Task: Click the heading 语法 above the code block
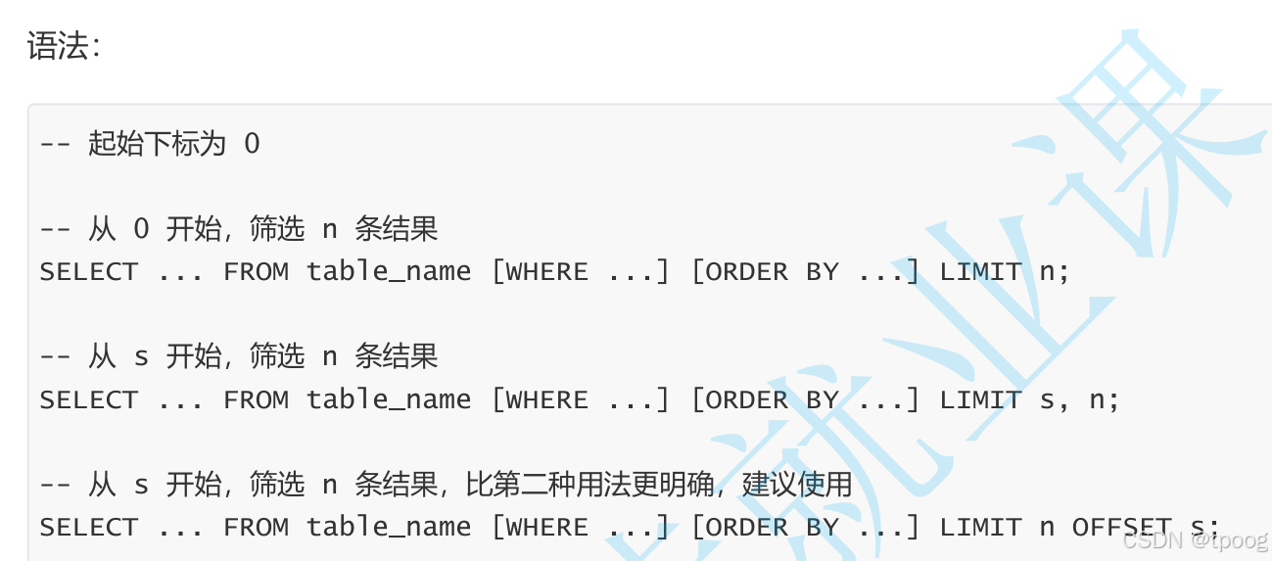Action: click(x=63, y=46)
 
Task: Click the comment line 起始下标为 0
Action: click(x=150, y=144)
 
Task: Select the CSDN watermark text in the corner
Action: click(x=1194, y=539)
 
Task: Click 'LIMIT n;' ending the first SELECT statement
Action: click(x=1004, y=271)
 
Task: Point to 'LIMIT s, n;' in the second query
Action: click(x=1028, y=399)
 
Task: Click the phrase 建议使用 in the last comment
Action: click(x=797, y=485)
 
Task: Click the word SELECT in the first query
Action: click(x=89, y=271)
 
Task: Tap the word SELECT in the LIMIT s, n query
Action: click(x=89, y=399)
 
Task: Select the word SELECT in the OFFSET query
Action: click(x=89, y=527)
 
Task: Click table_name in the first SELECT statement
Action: click(x=389, y=271)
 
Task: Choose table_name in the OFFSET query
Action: click(x=389, y=527)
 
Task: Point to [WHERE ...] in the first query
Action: click(x=580, y=271)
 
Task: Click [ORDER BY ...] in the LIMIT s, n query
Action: click(x=806, y=399)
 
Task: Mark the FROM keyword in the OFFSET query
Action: click(x=256, y=527)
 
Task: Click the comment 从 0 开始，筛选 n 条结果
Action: click(x=238, y=229)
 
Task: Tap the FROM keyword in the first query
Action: click(x=256, y=271)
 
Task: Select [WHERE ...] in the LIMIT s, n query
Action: click(x=580, y=399)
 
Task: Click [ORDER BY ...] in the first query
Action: click(x=806, y=271)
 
